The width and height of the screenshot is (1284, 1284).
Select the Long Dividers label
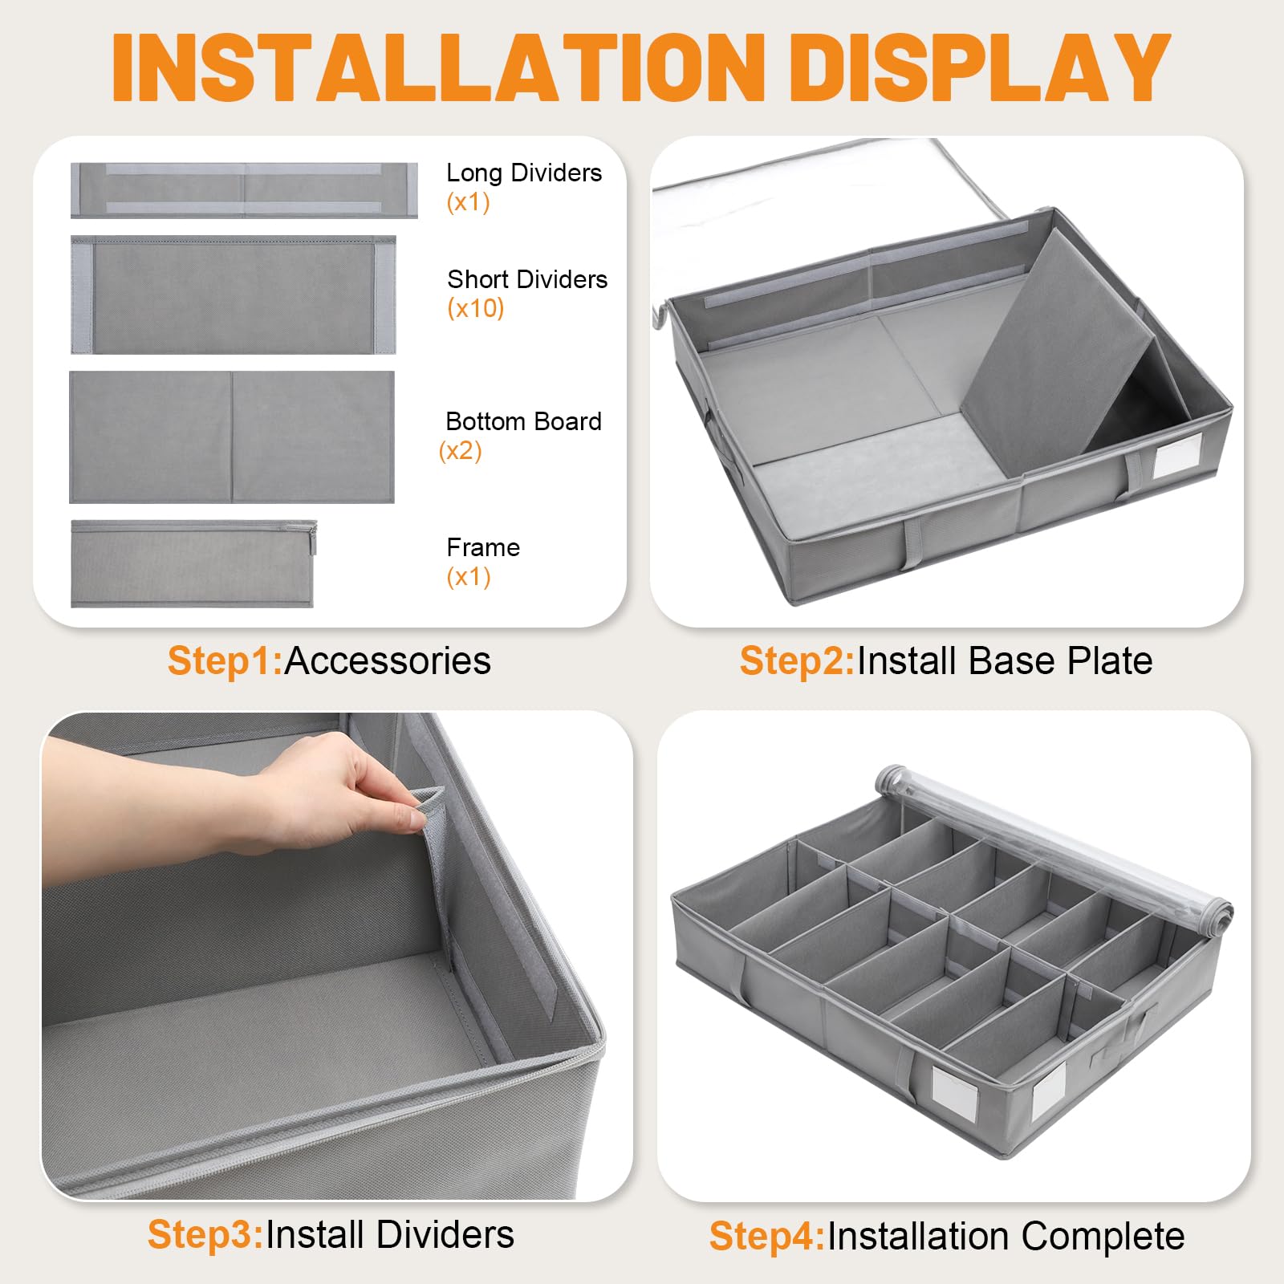[524, 173]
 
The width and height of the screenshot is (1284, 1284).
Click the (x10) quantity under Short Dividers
[476, 308]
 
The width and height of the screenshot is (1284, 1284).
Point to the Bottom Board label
[523, 421]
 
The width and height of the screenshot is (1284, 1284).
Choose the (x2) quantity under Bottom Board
[460, 451]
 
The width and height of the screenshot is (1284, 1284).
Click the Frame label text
[483, 547]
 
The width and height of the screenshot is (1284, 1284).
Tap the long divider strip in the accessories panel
[244, 190]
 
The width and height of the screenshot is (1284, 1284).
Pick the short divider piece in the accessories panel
[234, 295]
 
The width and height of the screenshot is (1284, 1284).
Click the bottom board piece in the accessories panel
[232, 437]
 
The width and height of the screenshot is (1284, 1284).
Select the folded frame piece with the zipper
[193, 563]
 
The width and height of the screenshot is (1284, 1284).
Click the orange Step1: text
[226, 661]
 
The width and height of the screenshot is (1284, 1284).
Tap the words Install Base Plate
[1005, 661]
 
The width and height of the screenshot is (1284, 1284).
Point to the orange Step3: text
[205, 1234]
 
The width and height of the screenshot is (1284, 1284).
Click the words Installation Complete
[1006, 1236]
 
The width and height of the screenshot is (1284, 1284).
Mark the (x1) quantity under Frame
[469, 577]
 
